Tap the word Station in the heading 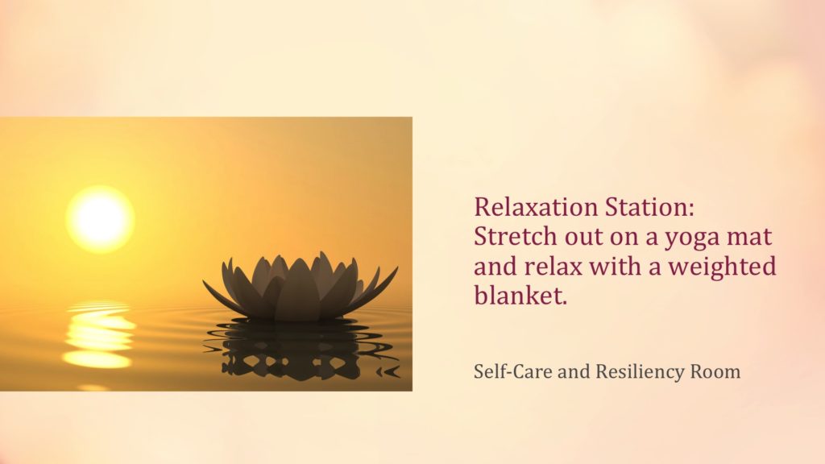(x=645, y=207)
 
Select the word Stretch (x=515, y=236)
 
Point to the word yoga (x=692, y=238)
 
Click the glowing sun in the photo (x=100, y=219)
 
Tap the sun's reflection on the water (x=98, y=334)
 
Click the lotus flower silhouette (x=300, y=288)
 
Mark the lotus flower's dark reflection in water (x=301, y=348)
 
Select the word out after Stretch (x=583, y=238)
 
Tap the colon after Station (x=690, y=210)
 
